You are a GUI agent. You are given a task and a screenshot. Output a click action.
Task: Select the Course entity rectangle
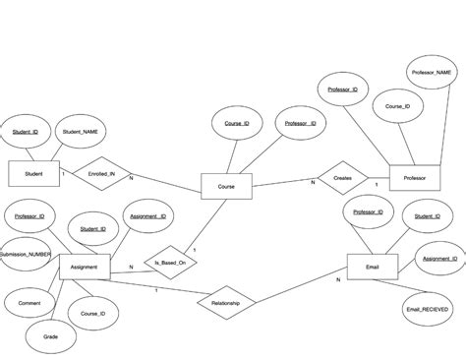pos(225,185)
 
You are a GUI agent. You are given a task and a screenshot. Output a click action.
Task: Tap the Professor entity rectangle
pos(413,177)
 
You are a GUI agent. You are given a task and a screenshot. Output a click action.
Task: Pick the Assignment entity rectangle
pos(84,266)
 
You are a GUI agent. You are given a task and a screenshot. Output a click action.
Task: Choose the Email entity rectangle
pos(371,266)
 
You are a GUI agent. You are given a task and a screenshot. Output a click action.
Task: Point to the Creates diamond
pos(342,177)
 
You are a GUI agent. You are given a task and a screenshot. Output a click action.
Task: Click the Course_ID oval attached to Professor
pos(397,106)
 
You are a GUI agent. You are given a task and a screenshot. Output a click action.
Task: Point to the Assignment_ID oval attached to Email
pos(439,259)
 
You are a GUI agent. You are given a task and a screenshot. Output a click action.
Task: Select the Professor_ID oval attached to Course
pos(301,124)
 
